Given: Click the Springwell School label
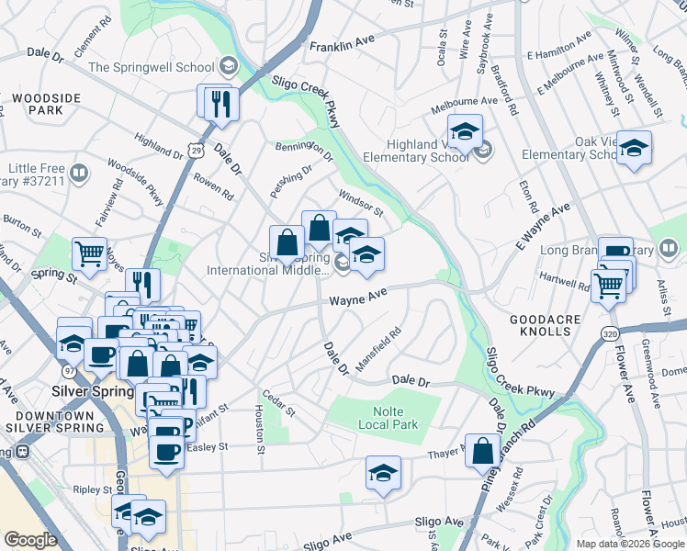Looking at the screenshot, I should click(x=151, y=67).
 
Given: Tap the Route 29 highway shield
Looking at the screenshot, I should click(x=195, y=147).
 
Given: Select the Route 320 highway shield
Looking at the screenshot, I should click(x=611, y=334).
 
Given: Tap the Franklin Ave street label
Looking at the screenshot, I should click(x=343, y=43).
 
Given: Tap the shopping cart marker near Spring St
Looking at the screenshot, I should click(x=89, y=253).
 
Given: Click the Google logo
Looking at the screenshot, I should click(x=30, y=540).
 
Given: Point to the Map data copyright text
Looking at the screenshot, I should click(x=630, y=544).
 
